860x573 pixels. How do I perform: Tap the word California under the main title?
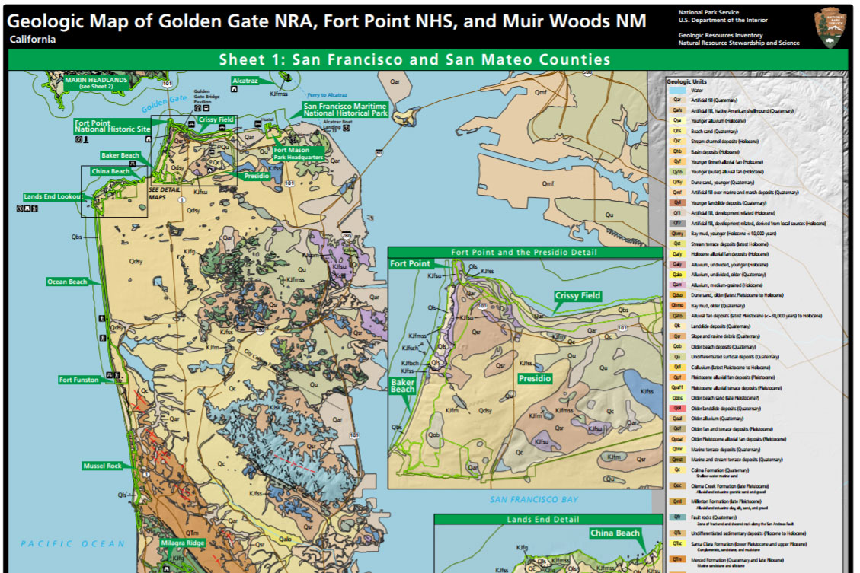pos(33,40)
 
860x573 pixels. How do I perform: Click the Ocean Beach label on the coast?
pos(68,282)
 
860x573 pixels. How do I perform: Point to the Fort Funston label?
pos(80,379)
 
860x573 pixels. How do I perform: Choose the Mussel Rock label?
pos(102,465)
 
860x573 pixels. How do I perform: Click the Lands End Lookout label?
pos(53,196)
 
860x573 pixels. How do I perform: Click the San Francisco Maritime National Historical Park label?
pos(345,110)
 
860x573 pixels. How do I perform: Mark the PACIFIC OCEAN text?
pos(73,543)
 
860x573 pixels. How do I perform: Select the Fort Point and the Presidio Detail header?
pos(524,252)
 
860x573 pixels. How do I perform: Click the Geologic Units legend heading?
pos(687,81)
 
